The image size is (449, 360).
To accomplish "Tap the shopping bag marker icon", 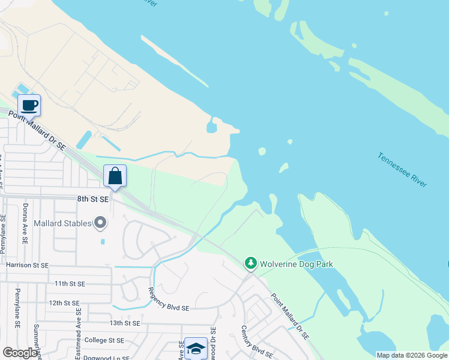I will click(x=115, y=176).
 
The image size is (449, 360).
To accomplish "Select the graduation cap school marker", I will click(x=196, y=348).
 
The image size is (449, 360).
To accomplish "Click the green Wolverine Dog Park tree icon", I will click(x=250, y=263).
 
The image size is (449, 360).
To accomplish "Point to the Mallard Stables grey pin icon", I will click(x=101, y=223).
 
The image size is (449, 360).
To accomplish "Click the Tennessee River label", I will click(x=402, y=169).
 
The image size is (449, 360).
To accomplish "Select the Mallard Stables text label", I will click(x=62, y=224).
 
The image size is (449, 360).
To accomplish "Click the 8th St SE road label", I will click(x=92, y=199).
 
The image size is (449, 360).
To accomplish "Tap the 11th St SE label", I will click(x=69, y=283).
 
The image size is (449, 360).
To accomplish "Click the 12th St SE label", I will click(x=64, y=303).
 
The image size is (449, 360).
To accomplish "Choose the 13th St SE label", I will click(x=124, y=323).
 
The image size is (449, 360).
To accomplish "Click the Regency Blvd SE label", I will click(x=169, y=299).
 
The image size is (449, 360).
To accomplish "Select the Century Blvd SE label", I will click(x=253, y=341).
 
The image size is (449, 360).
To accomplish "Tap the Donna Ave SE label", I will click(x=25, y=223).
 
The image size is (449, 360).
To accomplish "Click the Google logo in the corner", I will click(x=20, y=353).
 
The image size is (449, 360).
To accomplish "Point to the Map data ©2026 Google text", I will click(x=411, y=355).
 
